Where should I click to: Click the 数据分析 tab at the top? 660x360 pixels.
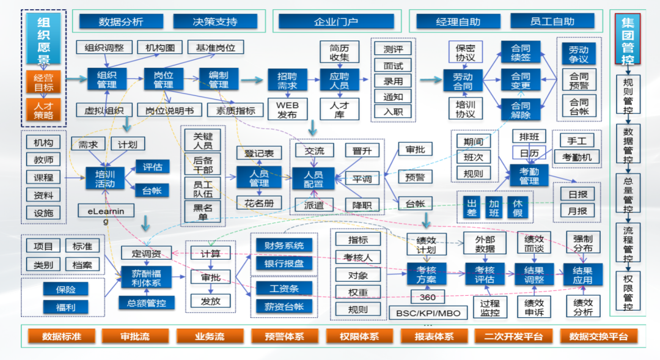coord(120,21)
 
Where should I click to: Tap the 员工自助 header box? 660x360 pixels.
coord(552,21)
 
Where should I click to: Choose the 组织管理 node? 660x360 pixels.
coord(106,79)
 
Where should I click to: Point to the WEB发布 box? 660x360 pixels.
coord(287,109)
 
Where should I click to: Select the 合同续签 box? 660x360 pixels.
coord(521,53)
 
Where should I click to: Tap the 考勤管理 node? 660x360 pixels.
coord(529,175)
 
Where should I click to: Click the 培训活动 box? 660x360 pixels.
coord(105,178)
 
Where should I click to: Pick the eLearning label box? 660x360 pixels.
coord(105,215)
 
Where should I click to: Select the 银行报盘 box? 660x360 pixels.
coord(284,263)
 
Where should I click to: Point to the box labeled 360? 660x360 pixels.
coord(427,297)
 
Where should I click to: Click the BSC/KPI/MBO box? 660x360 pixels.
coord(428,313)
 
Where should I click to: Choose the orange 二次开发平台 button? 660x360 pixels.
coord(513,336)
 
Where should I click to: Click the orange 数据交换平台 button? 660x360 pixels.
coord(598,336)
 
